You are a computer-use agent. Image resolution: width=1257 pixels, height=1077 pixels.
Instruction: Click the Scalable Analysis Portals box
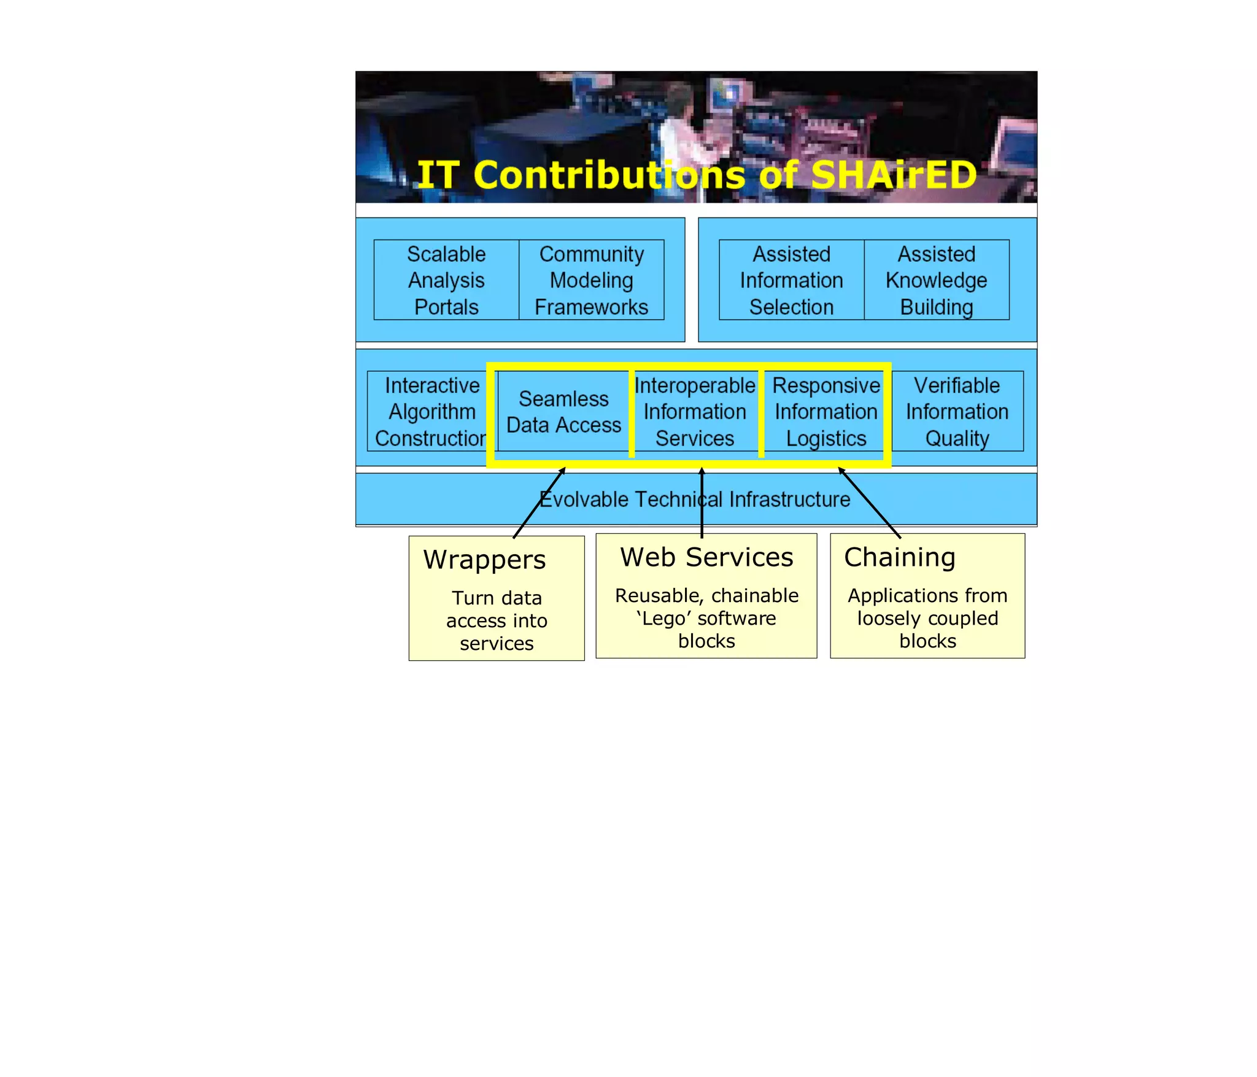tap(446, 280)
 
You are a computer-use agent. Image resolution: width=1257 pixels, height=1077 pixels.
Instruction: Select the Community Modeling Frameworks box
tap(591, 280)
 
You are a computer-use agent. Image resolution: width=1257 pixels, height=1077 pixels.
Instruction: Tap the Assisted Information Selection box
tap(791, 280)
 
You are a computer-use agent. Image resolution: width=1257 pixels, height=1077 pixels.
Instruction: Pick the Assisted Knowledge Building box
tap(936, 280)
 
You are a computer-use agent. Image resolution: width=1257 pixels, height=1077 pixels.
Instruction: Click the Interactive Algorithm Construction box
tap(431, 411)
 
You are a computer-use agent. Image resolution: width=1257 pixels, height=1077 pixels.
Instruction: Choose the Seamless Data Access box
tap(563, 412)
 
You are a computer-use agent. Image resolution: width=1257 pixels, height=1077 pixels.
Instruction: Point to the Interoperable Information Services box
tap(695, 412)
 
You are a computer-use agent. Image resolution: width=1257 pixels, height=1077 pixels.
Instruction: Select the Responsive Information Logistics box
tap(826, 412)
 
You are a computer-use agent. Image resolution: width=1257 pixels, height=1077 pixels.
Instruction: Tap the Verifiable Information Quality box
tap(957, 412)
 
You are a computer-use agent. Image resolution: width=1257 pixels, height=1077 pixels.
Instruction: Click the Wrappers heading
tap(484, 560)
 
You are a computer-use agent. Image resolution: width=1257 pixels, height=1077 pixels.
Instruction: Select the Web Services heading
tap(706, 557)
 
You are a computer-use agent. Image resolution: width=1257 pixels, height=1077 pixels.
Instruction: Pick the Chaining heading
tap(900, 557)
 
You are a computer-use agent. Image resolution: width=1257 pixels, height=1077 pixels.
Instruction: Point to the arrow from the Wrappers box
tap(539, 503)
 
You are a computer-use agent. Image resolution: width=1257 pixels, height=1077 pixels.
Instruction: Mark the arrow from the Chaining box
tap(869, 503)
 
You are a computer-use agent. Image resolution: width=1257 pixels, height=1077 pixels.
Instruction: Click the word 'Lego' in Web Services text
tap(663, 619)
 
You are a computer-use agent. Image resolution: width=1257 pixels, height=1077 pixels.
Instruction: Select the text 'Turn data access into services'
tap(497, 620)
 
